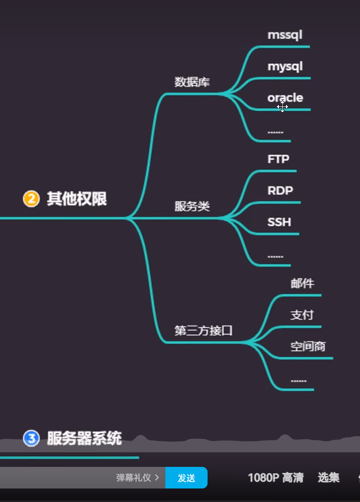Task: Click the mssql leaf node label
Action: click(x=285, y=35)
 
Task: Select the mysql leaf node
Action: click(x=285, y=67)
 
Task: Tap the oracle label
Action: click(x=285, y=98)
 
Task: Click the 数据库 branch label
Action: click(x=192, y=82)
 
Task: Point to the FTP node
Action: click(x=278, y=159)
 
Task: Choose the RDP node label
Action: click(x=280, y=191)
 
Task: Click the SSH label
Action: click(x=279, y=222)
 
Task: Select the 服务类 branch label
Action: click(x=192, y=206)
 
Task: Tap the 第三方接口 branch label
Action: click(x=203, y=331)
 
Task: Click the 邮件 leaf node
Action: click(x=302, y=284)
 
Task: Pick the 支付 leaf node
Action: click(x=302, y=315)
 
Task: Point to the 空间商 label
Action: click(x=308, y=346)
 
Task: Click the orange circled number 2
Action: click(x=31, y=199)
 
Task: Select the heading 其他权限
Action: click(x=77, y=199)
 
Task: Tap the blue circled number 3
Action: click(x=31, y=438)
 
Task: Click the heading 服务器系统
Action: click(x=84, y=438)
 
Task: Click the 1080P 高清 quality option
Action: click(x=276, y=478)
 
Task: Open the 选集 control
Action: click(x=329, y=478)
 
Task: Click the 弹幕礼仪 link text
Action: click(x=134, y=478)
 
